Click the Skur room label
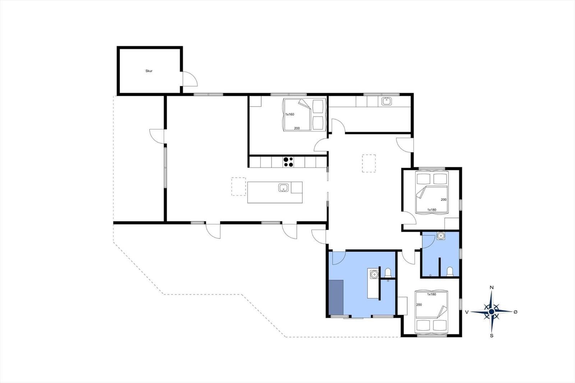click(149, 71)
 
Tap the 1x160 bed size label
click(290, 114)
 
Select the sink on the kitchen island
click(283, 188)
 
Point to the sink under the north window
click(386, 101)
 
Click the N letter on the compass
click(492, 287)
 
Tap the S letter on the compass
click(492, 336)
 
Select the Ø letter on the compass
click(515, 312)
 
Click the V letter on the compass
click(467, 312)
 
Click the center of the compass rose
click(492, 312)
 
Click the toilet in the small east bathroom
click(450, 272)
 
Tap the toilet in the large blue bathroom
click(388, 273)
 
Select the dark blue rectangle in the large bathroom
click(336, 297)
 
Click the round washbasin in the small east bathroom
click(441, 236)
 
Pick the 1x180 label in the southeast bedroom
click(432, 295)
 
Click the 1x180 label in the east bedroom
click(432, 210)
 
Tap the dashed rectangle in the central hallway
click(369, 163)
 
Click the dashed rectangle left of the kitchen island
click(239, 186)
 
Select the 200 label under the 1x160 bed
click(297, 128)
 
